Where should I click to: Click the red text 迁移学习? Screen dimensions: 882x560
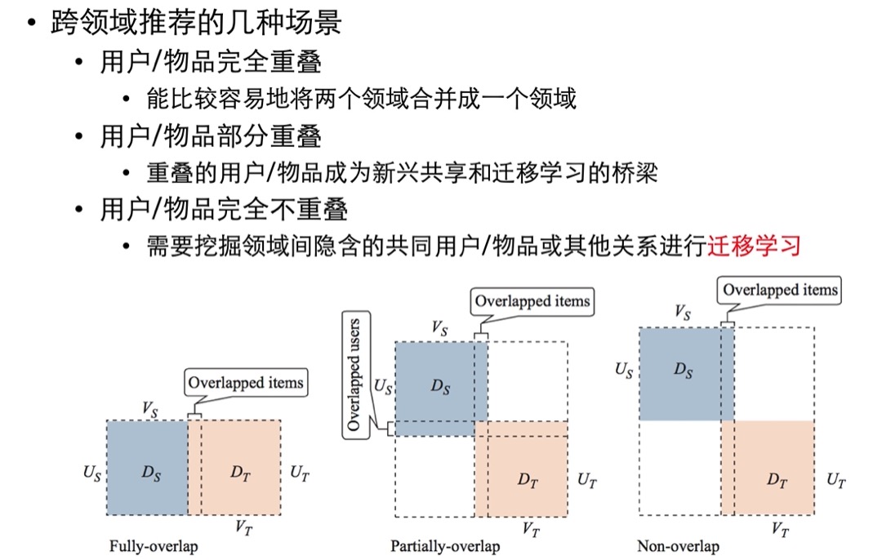pos(754,247)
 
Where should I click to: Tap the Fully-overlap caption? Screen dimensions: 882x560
pos(154,546)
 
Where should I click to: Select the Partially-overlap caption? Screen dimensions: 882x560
pos(446,546)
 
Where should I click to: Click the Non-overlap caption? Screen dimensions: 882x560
pos(679,546)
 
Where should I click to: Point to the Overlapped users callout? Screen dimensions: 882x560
pos(356,375)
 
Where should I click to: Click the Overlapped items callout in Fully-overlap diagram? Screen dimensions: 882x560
pos(246,383)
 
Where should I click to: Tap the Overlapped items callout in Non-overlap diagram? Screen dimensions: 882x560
pos(780,290)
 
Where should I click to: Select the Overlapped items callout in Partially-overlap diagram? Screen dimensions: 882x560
pos(532,301)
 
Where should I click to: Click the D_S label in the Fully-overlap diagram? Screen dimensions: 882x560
pos(151,473)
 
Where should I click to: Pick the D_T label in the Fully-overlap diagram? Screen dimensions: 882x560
pos(240,473)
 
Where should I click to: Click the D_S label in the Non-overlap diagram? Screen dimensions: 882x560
pos(684,370)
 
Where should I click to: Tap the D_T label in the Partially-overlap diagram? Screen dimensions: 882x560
pos(528,480)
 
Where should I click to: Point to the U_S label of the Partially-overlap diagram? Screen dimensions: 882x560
pos(383,387)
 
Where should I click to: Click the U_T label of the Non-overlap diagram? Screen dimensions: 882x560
pos(836,480)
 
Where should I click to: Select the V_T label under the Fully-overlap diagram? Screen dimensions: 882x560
pos(243,527)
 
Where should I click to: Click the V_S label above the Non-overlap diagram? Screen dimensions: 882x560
pos(682,312)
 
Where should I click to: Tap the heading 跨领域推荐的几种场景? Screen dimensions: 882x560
pos(196,23)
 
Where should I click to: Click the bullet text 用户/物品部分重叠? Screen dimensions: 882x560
pos(211,136)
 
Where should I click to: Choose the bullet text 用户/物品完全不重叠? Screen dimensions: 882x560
pos(224,209)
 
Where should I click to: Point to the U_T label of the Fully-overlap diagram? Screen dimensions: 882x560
pos(299,473)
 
